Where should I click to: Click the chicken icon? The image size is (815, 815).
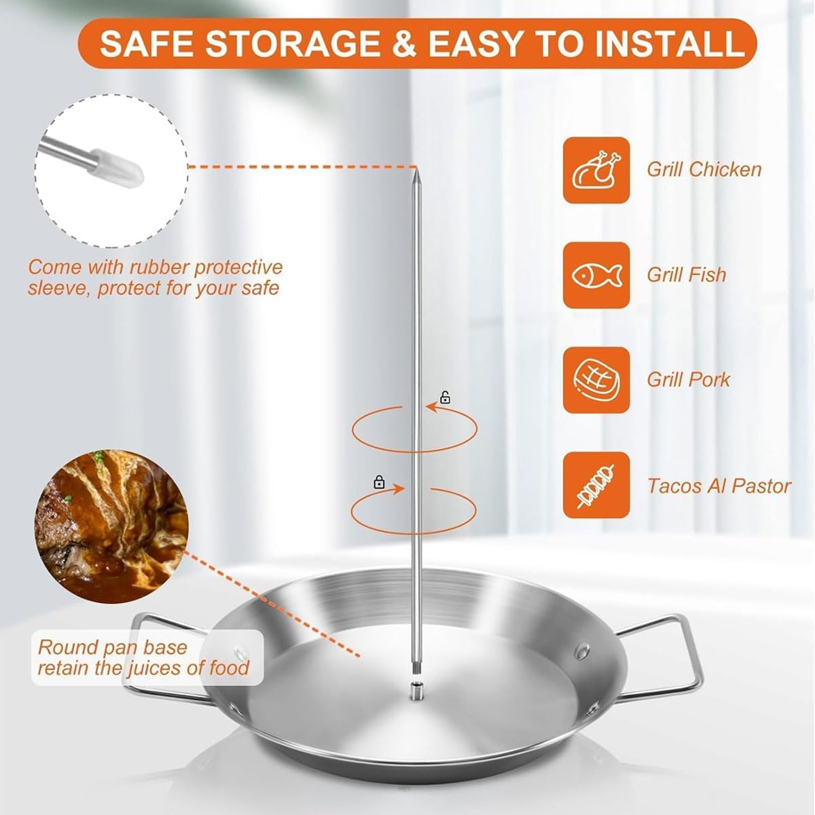(x=596, y=170)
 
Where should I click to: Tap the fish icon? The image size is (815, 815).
(x=596, y=275)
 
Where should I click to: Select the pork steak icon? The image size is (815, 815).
(x=596, y=380)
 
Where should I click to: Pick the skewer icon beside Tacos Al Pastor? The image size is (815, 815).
(x=596, y=485)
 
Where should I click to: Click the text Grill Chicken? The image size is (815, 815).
(x=704, y=169)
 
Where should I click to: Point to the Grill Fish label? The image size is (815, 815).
(x=686, y=274)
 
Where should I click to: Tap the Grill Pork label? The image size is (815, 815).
(x=687, y=379)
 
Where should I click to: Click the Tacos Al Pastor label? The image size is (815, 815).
(x=719, y=486)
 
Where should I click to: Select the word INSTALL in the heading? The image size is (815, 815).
(x=670, y=44)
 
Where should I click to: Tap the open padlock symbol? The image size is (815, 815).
(x=445, y=397)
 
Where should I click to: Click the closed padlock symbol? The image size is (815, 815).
(x=379, y=482)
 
